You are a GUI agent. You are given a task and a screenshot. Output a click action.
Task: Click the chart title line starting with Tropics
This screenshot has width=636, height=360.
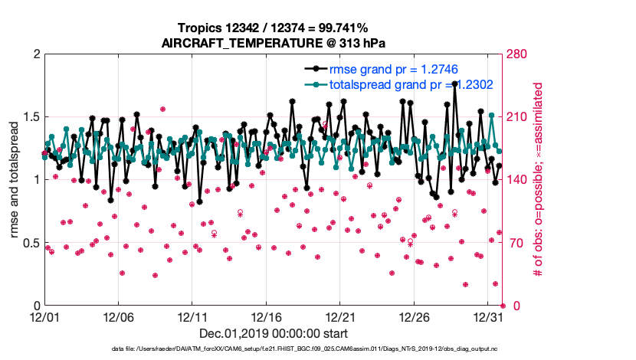273,28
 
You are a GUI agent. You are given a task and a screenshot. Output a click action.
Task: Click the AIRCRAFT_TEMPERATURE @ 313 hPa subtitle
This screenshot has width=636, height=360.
273,42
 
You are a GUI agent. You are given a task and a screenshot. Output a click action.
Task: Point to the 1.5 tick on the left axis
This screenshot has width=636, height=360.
31,117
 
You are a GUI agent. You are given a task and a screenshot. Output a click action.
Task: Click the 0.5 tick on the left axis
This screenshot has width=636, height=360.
31,243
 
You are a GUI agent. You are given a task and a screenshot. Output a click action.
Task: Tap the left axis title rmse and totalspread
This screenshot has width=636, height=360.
15,180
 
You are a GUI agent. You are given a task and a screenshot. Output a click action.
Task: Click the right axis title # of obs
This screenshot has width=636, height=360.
539,180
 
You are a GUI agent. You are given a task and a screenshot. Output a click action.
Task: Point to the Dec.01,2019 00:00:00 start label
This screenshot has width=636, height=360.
273,333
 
